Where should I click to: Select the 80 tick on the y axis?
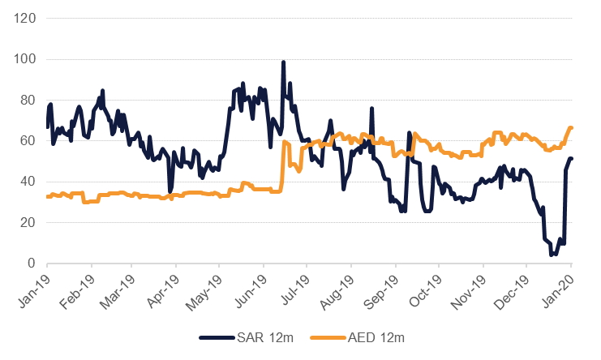pos(26,101)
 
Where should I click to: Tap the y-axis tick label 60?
pos(26,141)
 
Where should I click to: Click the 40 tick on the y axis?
pos(26,182)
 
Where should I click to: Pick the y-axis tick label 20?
pos(26,223)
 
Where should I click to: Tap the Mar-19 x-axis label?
pos(119,287)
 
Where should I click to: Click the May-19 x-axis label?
pos(205,287)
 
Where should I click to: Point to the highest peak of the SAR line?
pos(283,62)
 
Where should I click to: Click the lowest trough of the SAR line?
pos(552,255)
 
